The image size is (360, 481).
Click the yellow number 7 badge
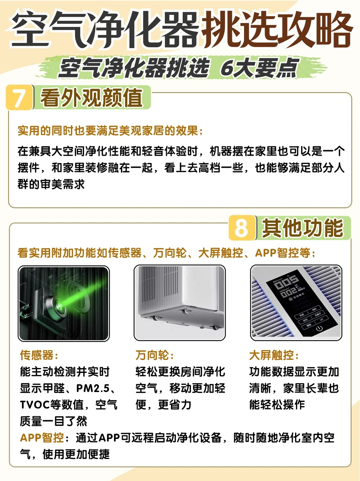(x=20, y=97)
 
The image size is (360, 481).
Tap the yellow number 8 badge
(x=242, y=228)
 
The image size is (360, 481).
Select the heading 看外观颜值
(x=92, y=98)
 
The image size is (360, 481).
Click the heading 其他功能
(x=303, y=228)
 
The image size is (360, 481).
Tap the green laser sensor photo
(x=64, y=304)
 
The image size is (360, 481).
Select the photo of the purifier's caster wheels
(x=180, y=303)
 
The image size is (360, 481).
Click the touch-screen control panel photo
(x=296, y=303)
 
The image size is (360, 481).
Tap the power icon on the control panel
(x=319, y=329)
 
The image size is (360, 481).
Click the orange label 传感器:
(x=39, y=355)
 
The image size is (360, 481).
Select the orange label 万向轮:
(x=155, y=355)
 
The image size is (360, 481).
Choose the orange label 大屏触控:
(x=274, y=355)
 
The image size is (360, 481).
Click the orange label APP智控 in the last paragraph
(x=42, y=438)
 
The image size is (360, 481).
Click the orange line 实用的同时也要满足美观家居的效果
(x=108, y=131)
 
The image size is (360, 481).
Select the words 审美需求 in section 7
(x=62, y=184)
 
